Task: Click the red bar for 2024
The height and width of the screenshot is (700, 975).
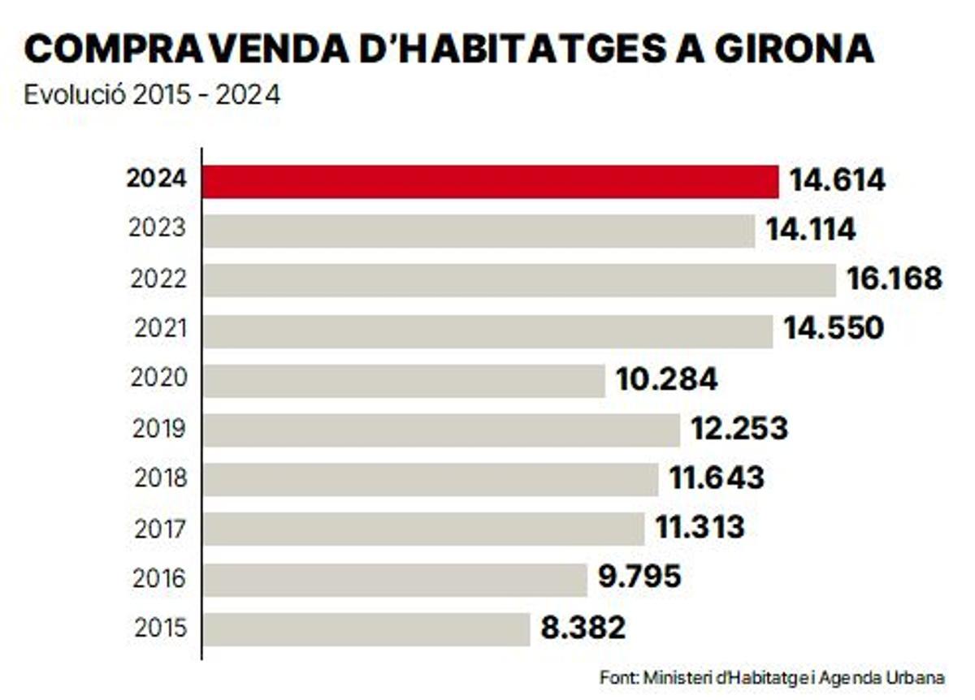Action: pyautogui.click(x=490, y=181)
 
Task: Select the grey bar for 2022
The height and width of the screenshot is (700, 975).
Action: pyautogui.click(x=519, y=280)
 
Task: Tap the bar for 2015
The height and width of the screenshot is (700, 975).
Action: pyautogui.click(x=366, y=629)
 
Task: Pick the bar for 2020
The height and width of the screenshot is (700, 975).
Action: pyautogui.click(x=404, y=380)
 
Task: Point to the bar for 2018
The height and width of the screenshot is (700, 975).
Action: pyautogui.click(x=431, y=479)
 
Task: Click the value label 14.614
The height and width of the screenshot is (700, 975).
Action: pyautogui.click(x=838, y=180)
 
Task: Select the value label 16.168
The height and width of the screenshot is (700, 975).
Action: pyautogui.click(x=894, y=279)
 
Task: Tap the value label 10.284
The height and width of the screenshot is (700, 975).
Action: pyautogui.click(x=667, y=379)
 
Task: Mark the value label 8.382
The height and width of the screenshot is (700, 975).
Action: pyautogui.click(x=583, y=628)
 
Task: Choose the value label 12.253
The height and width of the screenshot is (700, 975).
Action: pyautogui.click(x=739, y=429)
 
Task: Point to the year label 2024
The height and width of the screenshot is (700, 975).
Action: pyautogui.click(x=156, y=179)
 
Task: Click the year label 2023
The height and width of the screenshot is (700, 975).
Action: pyautogui.click(x=158, y=229)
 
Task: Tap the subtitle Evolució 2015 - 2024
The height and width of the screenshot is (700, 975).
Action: pyautogui.click(x=152, y=95)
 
